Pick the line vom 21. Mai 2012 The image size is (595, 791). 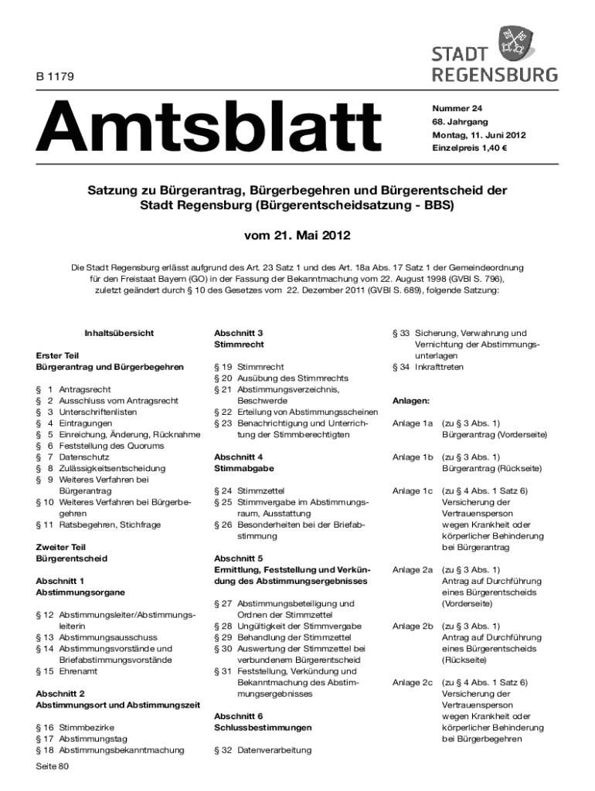297,233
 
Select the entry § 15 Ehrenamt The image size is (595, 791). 66,671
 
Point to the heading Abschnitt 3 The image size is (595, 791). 239,332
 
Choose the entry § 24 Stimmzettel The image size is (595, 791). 249,490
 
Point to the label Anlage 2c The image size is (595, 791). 412,682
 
